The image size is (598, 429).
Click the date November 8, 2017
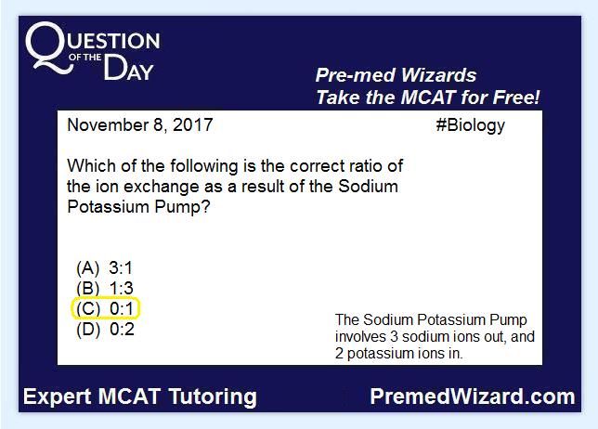139,125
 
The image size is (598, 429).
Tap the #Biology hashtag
470,126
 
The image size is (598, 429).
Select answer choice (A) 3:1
105,267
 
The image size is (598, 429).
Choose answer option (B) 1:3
105,288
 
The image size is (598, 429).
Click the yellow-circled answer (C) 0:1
106,308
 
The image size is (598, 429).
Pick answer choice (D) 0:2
105,329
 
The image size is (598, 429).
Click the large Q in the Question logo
48,47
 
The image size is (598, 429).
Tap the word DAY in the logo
128,68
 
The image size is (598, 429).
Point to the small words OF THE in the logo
85,58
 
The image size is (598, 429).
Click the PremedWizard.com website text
473,396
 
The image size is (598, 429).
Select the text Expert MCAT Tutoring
140,396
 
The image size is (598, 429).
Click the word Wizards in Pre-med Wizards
438,75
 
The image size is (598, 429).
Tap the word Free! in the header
516,97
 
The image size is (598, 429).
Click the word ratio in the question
361,166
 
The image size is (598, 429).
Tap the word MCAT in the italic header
428,97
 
